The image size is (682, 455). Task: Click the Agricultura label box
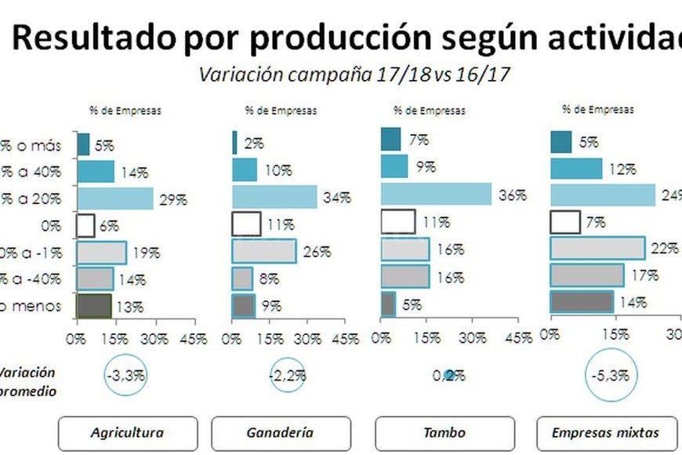(127, 432)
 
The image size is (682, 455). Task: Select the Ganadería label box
(280, 432)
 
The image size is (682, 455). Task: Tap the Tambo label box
(444, 432)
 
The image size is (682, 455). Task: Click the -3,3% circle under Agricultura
(126, 376)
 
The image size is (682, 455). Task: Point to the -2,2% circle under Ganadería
(287, 376)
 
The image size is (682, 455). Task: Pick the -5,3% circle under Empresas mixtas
(611, 376)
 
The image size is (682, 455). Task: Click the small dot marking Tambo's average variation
(449, 376)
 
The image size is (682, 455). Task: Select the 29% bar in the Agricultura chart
(114, 199)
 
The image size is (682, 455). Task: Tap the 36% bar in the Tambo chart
(436, 195)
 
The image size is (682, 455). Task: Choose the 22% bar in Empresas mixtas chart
(597, 248)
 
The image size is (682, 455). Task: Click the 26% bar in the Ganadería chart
(264, 252)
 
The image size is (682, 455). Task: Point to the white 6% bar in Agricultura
(85, 226)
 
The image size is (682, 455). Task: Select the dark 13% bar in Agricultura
(94, 306)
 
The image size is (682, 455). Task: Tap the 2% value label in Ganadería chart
(253, 144)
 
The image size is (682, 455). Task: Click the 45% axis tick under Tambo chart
(519, 338)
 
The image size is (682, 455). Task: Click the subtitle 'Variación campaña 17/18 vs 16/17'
(356, 75)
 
